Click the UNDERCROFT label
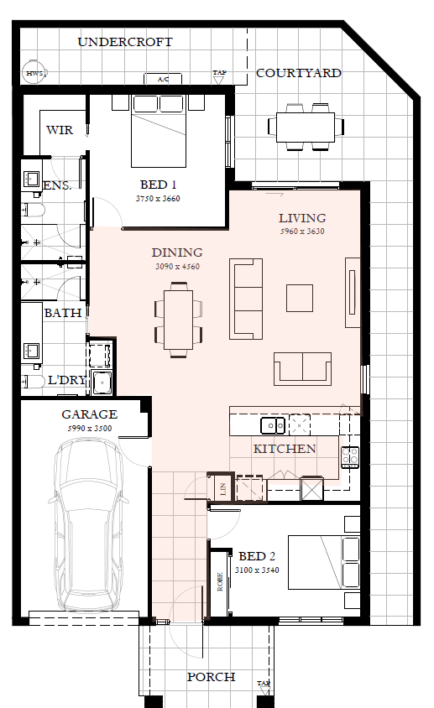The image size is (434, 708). pyautogui.click(x=125, y=42)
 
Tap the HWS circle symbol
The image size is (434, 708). pyautogui.click(x=34, y=73)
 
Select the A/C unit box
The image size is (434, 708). pyautogui.click(x=163, y=79)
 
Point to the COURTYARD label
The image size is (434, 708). pyautogui.click(x=298, y=73)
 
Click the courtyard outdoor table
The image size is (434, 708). pyautogui.click(x=306, y=127)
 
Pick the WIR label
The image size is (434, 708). pyautogui.click(x=60, y=130)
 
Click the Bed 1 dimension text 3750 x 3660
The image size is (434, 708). pyautogui.click(x=158, y=198)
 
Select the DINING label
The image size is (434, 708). pyautogui.click(x=177, y=252)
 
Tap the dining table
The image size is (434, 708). pyautogui.click(x=178, y=320)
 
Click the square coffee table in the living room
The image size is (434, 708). pyautogui.click(x=300, y=298)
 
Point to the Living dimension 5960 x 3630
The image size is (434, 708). pyautogui.click(x=302, y=232)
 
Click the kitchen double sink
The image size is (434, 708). pyautogui.click(x=273, y=425)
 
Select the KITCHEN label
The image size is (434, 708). pyautogui.click(x=285, y=449)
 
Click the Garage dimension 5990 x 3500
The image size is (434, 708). pyautogui.click(x=90, y=428)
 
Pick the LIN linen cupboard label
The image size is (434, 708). pyautogui.click(x=223, y=488)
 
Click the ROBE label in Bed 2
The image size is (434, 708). pyautogui.click(x=220, y=582)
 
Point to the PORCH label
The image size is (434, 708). pyautogui.click(x=211, y=677)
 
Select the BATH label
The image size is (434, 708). pyautogui.click(x=63, y=313)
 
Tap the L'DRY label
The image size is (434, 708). pyautogui.click(x=67, y=380)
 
